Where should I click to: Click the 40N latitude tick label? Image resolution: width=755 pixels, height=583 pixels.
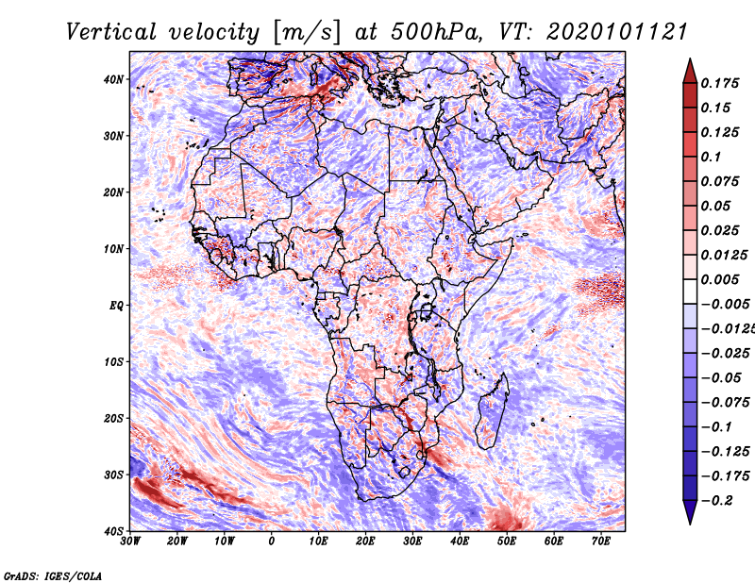(x=113, y=79)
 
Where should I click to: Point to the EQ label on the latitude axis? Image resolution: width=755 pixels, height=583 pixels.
(x=116, y=306)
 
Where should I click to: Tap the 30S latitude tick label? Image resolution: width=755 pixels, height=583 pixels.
(x=113, y=475)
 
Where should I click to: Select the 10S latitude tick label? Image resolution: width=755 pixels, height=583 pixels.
(x=113, y=362)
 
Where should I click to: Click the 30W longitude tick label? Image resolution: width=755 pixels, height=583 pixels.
(x=130, y=541)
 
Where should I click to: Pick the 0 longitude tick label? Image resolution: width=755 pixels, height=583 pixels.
(x=272, y=541)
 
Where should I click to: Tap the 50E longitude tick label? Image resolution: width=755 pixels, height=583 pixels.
(x=507, y=541)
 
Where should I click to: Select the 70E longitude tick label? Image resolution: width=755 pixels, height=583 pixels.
(x=600, y=541)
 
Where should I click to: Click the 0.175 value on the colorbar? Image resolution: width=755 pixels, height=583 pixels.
(x=720, y=83)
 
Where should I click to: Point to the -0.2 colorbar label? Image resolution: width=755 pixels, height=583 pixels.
(x=717, y=501)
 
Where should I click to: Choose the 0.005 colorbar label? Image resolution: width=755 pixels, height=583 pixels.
(x=720, y=279)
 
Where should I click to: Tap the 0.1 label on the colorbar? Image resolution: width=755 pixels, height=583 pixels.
(x=711, y=157)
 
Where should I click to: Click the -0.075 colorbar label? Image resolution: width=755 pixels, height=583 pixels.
(x=725, y=403)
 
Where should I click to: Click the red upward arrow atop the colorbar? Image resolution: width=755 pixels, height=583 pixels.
(x=690, y=72)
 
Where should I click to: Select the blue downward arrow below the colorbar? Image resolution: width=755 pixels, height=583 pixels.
(x=690, y=512)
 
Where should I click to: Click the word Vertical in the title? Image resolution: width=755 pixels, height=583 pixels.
(x=110, y=32)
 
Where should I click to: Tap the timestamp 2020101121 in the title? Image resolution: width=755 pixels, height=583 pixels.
(x=616, y=32)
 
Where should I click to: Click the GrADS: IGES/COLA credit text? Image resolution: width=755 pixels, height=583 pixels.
(x=53, y=575)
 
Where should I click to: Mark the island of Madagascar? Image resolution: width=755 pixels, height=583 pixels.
(x=492, y=412)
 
